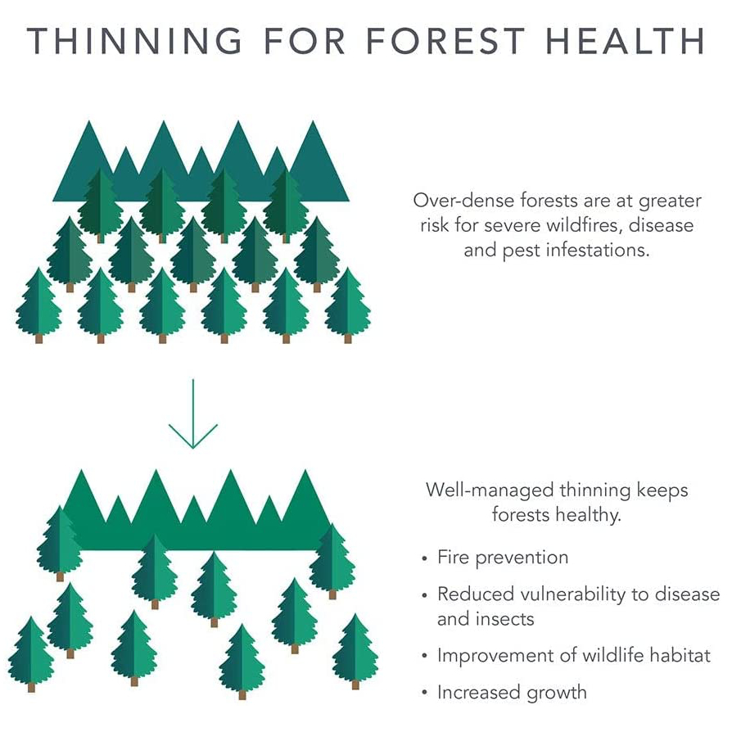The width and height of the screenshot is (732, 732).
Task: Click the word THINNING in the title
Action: [x=134, y=41]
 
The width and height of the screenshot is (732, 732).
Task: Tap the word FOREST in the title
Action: [x=445, y=41]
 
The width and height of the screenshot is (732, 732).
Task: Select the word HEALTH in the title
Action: [x=626, y=41]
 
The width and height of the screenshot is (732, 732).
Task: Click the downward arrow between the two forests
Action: [x=192, y=413]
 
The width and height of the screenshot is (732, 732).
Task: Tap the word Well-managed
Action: [x=490, y=490]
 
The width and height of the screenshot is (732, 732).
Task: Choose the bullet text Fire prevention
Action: [x=503, y=558]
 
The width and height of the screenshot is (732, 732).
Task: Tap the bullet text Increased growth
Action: [x=512, y=693]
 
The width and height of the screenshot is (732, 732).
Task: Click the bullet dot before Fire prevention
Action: [x=424, y=558]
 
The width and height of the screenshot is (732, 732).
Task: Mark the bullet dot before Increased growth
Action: [x=424, y=693]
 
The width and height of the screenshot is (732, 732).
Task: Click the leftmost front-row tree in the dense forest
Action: [x=38, y=305]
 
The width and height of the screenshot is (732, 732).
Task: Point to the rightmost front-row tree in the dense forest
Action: [x=348, y=305]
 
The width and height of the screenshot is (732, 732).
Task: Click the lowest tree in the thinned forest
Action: [x=242, y=662]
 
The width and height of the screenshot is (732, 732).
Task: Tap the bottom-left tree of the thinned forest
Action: [x=31, y=654]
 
